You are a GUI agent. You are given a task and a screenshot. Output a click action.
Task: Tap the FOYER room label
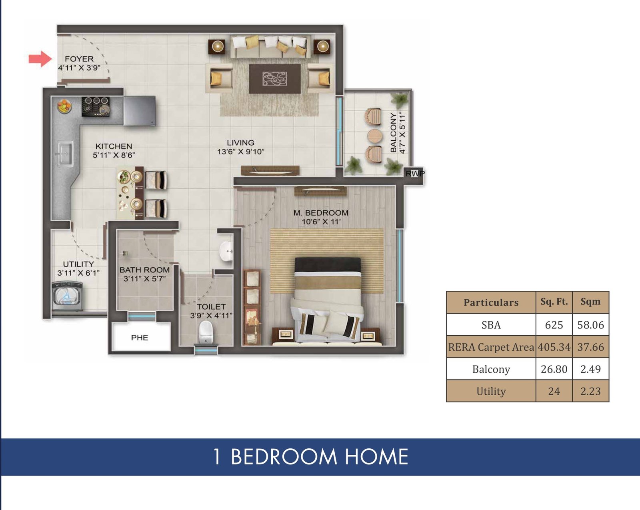(79, 59)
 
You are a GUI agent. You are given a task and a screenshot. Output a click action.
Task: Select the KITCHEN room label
(114, 146)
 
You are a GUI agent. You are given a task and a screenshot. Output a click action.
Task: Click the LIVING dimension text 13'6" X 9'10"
(240, 152)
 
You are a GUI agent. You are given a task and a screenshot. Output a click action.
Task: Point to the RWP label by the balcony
(415, 173)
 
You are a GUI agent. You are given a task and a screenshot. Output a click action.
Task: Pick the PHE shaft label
(140, 338)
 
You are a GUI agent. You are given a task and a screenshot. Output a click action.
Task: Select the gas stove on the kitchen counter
(96, 106)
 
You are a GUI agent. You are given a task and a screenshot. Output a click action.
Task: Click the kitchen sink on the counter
(64, 154)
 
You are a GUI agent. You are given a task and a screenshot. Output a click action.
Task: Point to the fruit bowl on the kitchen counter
(64, 106)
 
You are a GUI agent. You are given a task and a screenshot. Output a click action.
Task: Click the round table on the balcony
(374, 136)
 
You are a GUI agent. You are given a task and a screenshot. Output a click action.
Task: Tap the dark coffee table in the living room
(275, 79)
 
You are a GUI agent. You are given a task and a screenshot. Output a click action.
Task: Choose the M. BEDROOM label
(321, 213)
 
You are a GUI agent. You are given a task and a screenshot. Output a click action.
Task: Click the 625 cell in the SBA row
(554, 325)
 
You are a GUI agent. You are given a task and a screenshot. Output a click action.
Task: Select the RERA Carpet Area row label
(491, 347)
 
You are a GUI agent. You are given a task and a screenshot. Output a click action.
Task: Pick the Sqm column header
(591, 302)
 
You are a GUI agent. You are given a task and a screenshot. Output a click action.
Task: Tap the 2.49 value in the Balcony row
(591, 369)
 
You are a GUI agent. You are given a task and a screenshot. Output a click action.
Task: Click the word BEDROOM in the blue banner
(284, 457)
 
